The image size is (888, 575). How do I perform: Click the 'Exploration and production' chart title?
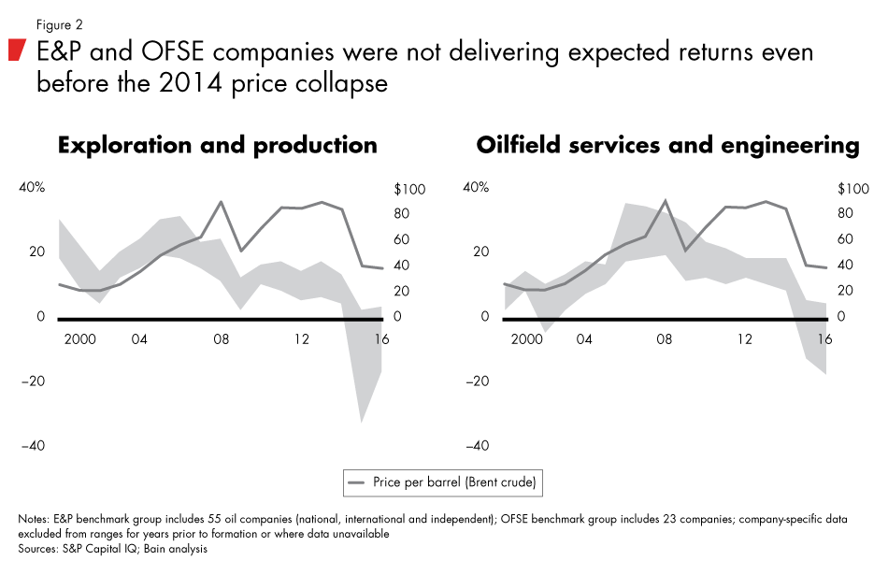pyautogui.click(x=217, y=145)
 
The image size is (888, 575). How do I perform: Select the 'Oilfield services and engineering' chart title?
pyautogui.click(x=667, y=145)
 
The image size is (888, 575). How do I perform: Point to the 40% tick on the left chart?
pyautogui.click(x=32, y=188)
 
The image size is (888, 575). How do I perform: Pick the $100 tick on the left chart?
pyautogui.click(x=409, y=189)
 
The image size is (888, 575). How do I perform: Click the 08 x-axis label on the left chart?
pyautogui.click(x=221, y=339)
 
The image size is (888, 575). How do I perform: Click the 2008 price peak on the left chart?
pyautogui.click(x=221, y=201)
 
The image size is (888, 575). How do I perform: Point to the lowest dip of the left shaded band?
pyautogui.click(x=361, y=422)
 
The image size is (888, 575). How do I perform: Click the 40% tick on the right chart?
pyautogui.click(x=477, y=188)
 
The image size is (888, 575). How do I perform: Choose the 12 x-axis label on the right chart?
pyautogui.click(x=744, y=339)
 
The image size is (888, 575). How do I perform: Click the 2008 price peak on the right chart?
pyautogui.click(x=665, y=200)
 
